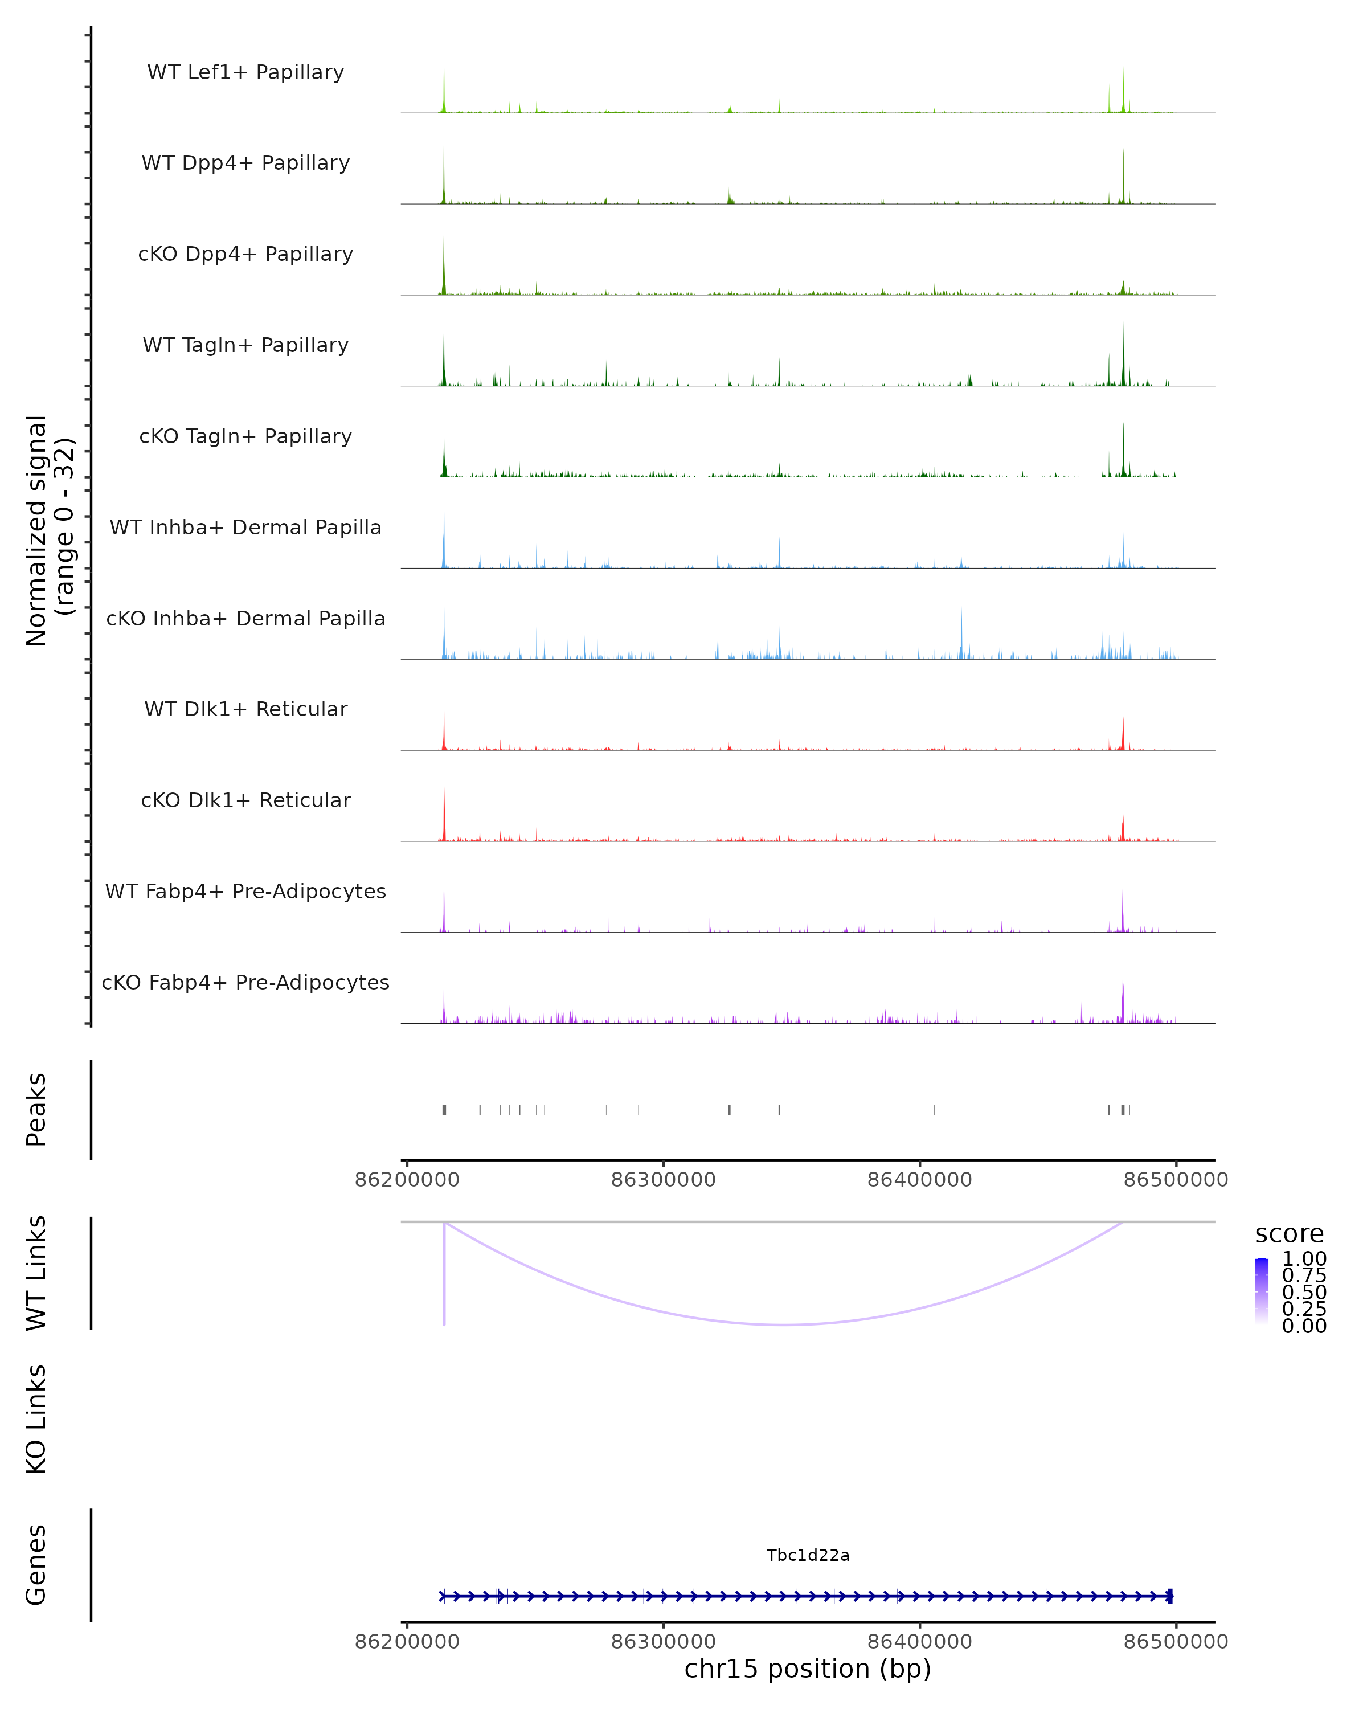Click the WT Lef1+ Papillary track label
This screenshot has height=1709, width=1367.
(245, 72)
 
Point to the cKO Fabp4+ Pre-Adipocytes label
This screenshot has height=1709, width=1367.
(245, 982)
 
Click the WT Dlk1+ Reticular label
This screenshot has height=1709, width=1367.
(245, 709)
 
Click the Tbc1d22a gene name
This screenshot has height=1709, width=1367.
(808, 1555)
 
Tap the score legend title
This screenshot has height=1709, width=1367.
(1288, 1233)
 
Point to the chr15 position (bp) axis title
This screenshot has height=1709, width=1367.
(808, 1669)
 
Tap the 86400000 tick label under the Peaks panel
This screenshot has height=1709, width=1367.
(919, 1180)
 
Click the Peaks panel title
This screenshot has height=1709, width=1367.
(36, 1109)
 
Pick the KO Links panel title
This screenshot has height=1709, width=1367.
(36, 1419)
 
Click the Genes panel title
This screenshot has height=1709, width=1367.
(36, 1565)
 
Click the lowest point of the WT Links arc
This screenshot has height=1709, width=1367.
(784, 1324)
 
